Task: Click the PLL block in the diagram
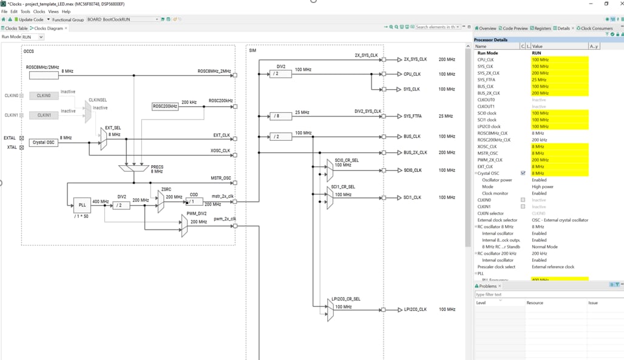point(82,205)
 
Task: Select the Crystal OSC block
point(44,143)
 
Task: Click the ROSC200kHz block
point(165,106)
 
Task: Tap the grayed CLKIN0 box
point(44,95)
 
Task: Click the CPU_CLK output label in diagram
point(412,74)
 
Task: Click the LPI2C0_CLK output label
point(415,310)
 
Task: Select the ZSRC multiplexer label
point(166,189)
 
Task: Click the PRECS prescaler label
point(157,167)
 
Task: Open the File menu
point(5,12)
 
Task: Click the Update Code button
point(30,19)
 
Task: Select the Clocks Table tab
point(16,29)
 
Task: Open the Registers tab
point(542,29)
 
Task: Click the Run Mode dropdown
point(33,37)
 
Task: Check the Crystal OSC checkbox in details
point(523,173)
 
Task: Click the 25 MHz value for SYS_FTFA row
point(540,80)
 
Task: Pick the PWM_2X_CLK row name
point(489,160)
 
